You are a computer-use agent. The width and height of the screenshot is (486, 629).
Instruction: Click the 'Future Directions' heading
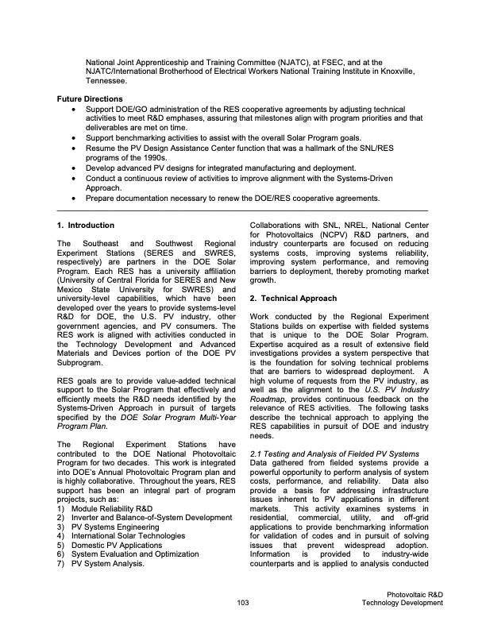(x=93, y=98)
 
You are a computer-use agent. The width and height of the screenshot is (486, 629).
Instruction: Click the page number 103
(x=243, y=603)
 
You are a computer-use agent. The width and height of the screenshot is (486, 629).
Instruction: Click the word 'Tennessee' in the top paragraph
(x=106, y=81)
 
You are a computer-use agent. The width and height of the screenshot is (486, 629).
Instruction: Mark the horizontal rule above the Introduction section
(x=243, y=210)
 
